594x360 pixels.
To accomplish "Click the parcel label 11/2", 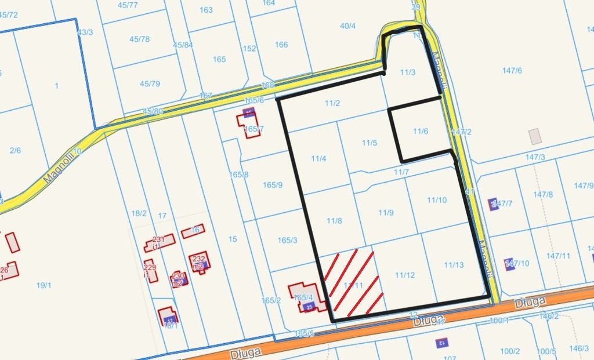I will (332, 104).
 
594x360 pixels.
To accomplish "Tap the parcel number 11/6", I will (421, 132).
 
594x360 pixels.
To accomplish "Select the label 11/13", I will (454, 265).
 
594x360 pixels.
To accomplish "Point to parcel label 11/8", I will (334, 221).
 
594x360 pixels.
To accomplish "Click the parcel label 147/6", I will (512, 71).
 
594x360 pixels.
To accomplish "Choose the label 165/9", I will (273, 186).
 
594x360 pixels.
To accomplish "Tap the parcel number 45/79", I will (150, 84).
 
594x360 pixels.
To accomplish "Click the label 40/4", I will (347, 26).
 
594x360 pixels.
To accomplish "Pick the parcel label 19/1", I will (44, 285).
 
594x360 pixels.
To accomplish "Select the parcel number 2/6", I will (15, 151).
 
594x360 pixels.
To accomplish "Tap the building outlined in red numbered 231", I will (160, 241).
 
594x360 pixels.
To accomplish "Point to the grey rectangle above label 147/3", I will (535, 137).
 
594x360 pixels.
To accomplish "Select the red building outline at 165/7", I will (248, 124).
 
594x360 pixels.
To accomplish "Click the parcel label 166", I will (281, 45).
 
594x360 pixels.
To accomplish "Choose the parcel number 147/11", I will (559, 256).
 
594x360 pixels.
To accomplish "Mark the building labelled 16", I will (193, 231).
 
